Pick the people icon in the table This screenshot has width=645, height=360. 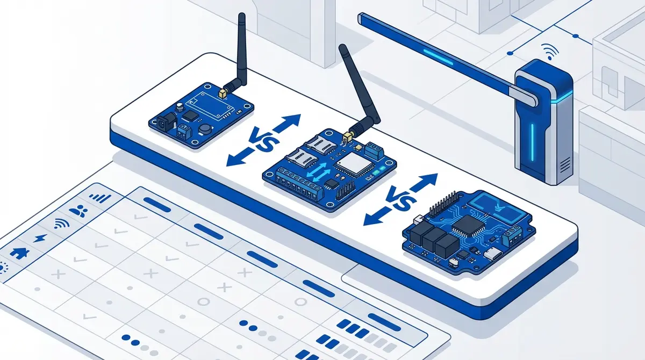click(81, 211)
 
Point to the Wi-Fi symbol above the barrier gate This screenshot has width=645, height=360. click(549, 52)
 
